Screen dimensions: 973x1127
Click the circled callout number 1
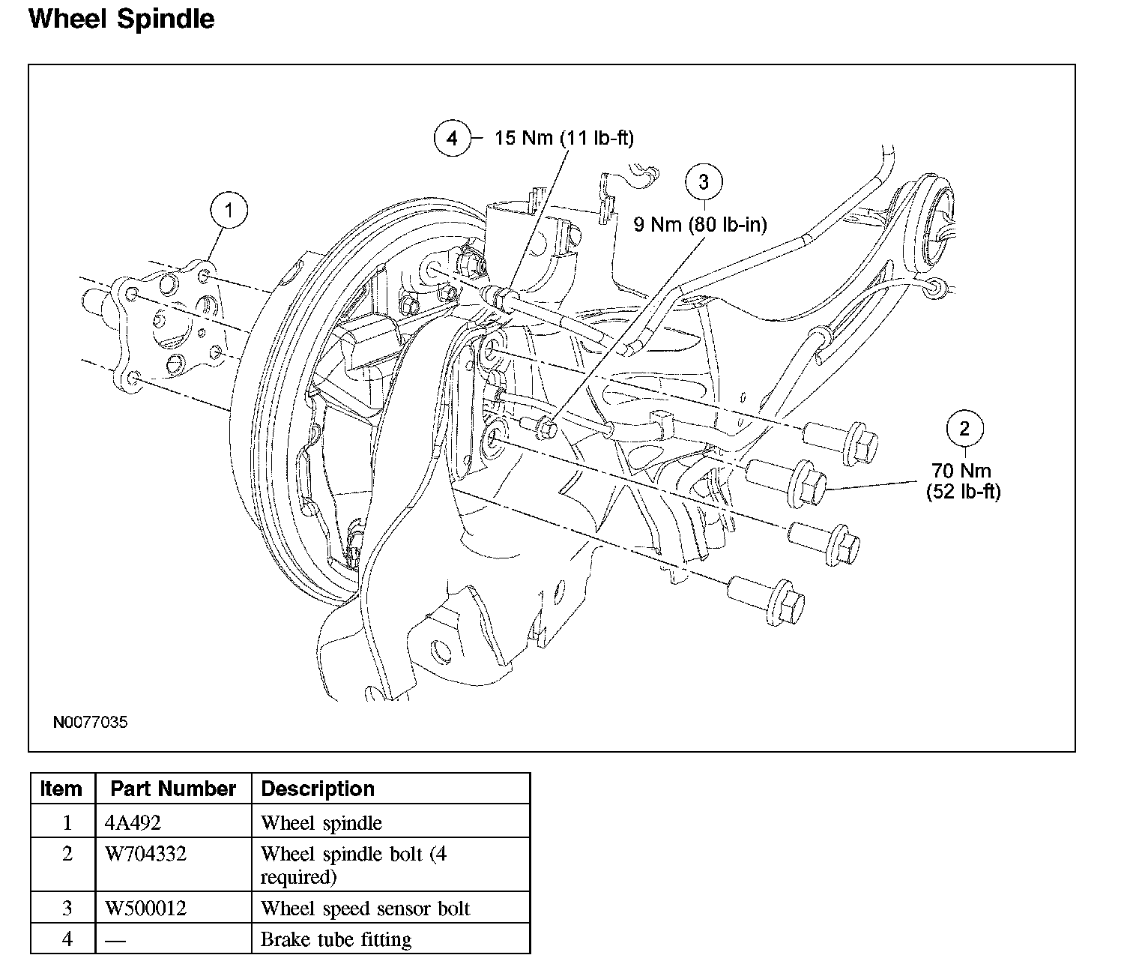[229, 211]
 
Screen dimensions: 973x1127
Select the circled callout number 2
[964, 429]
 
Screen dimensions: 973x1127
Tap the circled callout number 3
[704, 182]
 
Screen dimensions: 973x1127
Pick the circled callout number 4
[452, 138]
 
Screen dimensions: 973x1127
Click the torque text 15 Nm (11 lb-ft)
[563, 139]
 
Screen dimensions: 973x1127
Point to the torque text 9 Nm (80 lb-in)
[700, 224]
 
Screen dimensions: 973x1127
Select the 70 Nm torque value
[961, 471]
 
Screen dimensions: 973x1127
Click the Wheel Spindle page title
[121, 19]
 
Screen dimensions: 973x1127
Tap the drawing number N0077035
[90, 723]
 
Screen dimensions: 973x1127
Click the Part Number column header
[173, 789]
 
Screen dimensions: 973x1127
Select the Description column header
[318, 789]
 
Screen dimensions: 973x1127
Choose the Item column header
[61, 789]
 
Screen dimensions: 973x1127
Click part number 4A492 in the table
[133, 822]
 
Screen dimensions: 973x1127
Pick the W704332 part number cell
[145, 854]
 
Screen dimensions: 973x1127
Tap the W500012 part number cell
[145, 909]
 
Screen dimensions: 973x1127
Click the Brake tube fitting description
[336, 939]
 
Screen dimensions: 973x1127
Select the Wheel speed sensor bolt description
[365, 909]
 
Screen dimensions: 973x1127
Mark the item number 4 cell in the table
[67, 939]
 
